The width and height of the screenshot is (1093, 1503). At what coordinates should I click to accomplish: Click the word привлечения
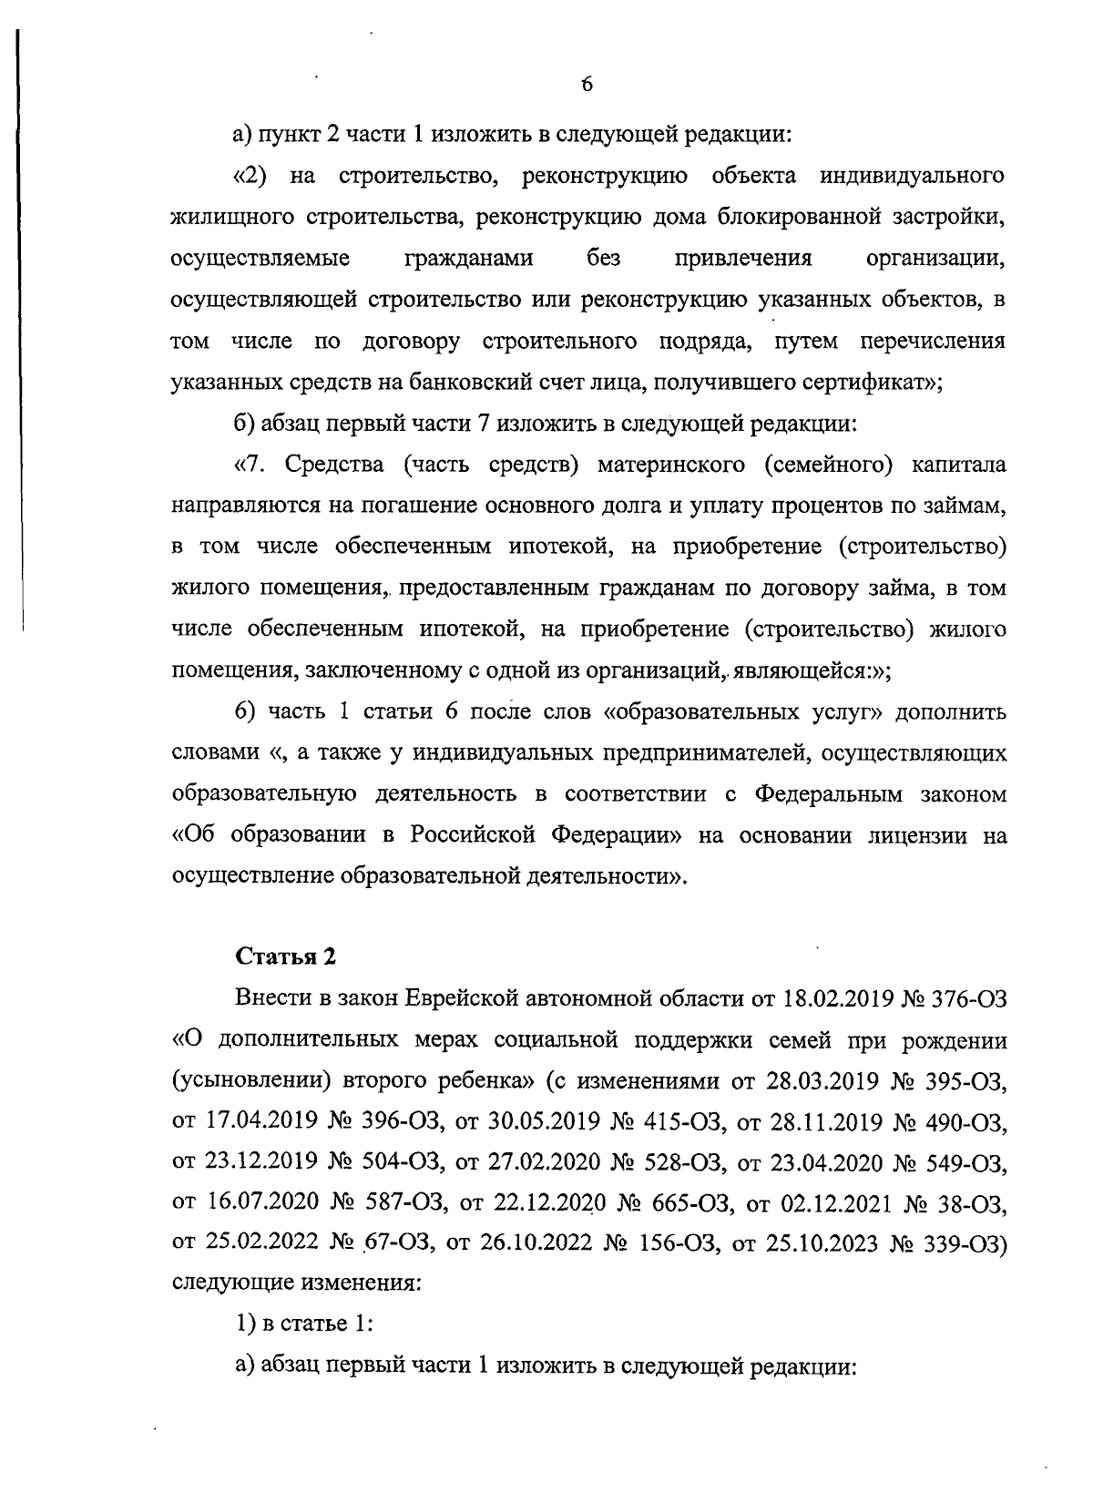point(742,259)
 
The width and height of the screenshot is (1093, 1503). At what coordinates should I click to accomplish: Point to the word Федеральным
point(829,794)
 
